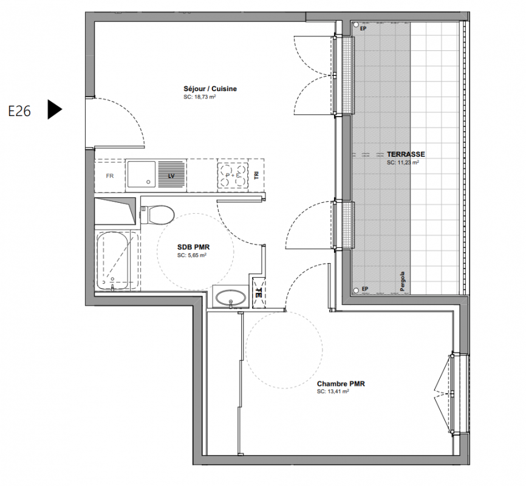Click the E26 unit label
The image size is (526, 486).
point(19,111)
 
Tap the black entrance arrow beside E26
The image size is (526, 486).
point(55,109)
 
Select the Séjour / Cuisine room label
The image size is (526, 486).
point(210,89)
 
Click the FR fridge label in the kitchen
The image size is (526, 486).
point(110,176)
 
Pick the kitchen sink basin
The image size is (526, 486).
point(142,174)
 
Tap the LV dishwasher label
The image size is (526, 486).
point(171,176)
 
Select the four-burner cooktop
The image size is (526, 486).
point(233,175)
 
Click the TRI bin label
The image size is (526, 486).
point(257,175)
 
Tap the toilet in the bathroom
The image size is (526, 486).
point(157,215)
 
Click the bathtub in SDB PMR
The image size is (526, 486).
point(112,261)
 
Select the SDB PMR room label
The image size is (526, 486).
point(194,247)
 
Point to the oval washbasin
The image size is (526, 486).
point(230,298)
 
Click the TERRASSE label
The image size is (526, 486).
point(406,154)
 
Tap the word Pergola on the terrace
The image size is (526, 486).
point(403,281)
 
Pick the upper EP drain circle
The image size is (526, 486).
point(355,25)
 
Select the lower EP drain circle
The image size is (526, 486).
point(355,290)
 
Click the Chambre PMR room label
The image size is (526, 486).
point(341,383)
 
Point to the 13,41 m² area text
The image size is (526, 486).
point(333,392)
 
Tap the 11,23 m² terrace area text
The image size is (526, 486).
point(403,162)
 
